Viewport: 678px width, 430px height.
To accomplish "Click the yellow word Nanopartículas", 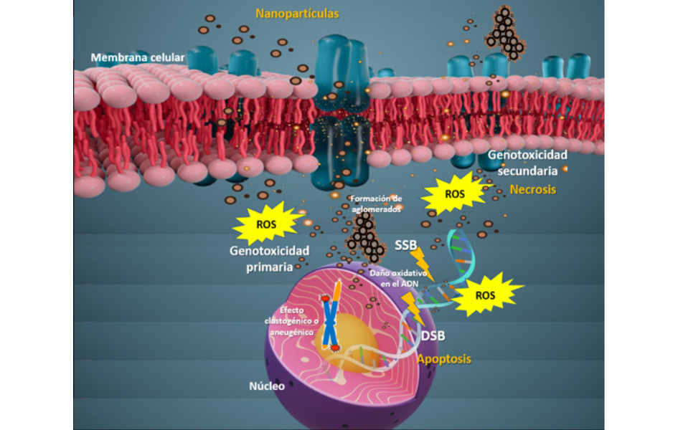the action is pos(297,14).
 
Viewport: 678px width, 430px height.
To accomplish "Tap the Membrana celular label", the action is pos(138,57).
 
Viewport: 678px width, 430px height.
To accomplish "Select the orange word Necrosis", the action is pos(532,189).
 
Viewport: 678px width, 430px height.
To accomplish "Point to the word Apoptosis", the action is pos(444,359).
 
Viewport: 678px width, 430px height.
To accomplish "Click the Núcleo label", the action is pos(267,386).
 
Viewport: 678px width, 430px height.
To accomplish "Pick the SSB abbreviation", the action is pos(405,245).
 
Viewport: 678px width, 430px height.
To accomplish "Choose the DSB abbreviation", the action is pos(433,335).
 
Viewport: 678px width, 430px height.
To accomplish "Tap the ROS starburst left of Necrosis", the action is pos(455,193).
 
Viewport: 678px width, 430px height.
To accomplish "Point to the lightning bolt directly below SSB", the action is pos(421,263).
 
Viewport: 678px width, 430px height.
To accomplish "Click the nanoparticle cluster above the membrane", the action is pos(505,33).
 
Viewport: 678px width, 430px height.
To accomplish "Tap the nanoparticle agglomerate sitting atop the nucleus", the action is pos(367,239).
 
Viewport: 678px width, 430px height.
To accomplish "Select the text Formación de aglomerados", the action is pos(376,204).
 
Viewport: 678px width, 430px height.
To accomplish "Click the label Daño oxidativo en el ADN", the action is pos(399,278).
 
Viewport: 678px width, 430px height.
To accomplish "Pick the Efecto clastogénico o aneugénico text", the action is pos(291,321).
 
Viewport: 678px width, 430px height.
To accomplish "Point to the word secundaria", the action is pos(527,171).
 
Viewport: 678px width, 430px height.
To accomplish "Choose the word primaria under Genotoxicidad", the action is pos(269,267).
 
